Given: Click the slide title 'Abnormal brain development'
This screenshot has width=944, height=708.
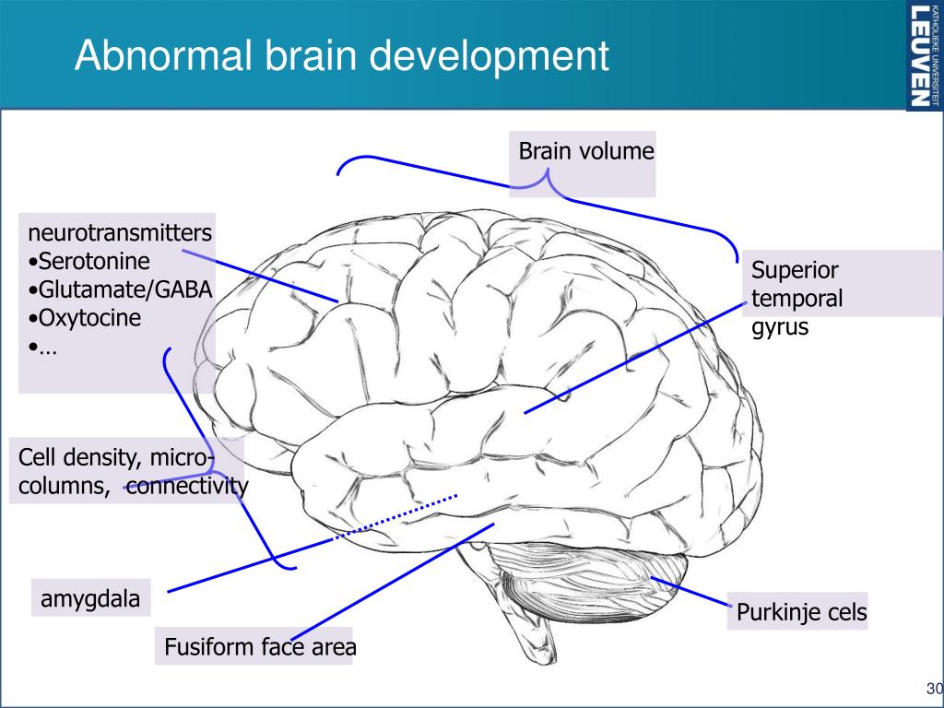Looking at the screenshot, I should (341, 55).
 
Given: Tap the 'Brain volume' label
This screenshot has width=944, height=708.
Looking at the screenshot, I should (585, 151).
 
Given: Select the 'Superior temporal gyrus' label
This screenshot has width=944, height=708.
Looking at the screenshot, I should (796, 299).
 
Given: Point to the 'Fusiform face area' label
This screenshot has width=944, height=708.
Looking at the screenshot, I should (259, 648).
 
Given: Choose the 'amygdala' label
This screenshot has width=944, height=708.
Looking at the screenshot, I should (90, 599).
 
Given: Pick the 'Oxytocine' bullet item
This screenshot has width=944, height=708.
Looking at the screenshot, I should (88, 319).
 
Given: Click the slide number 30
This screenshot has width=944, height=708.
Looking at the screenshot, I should (933, 689).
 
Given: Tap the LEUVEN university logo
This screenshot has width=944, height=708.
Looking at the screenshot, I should (925, 55).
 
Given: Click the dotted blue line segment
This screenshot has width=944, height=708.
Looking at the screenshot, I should (396, 517).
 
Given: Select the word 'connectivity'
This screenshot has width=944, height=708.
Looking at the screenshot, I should (187, 487).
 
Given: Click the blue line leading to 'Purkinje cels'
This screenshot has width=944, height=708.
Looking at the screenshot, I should (691, 592).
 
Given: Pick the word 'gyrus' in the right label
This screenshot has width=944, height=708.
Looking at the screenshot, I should (780, 326).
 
